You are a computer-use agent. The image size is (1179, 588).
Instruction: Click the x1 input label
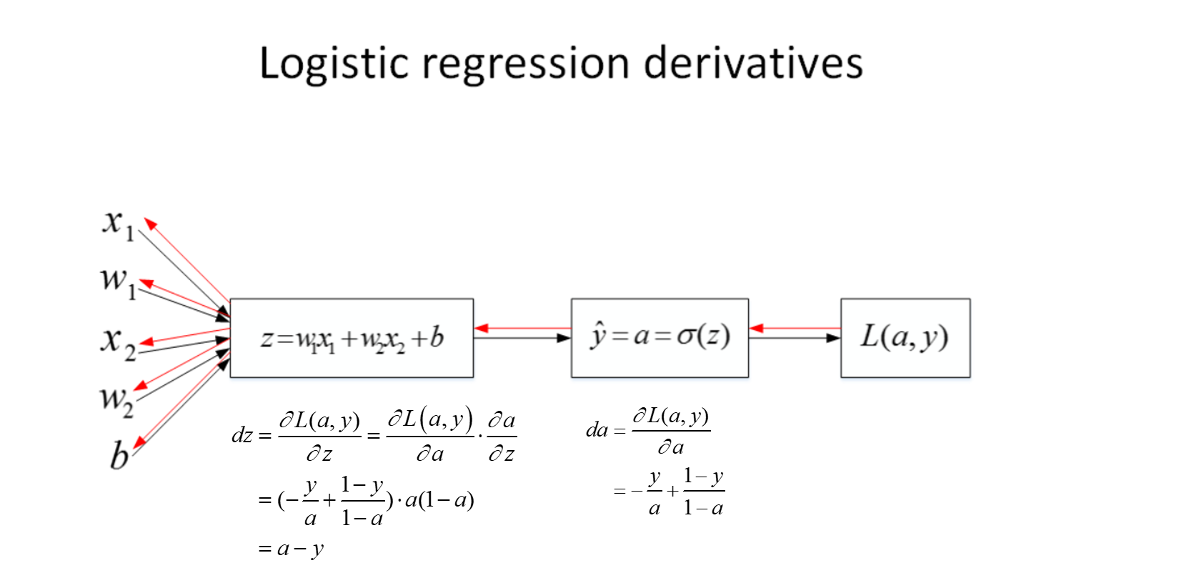[x=119, y=225]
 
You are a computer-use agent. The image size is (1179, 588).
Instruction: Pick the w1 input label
[x=119, y=283]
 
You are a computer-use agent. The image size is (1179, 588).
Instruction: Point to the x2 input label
[x=119, y=343]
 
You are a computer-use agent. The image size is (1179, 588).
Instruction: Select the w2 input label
[x=117, y=401]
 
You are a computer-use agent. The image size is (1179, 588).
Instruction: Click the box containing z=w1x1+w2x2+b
[x=352, y=338]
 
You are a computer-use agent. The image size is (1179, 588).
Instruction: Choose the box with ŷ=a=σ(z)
[x=660, y=338]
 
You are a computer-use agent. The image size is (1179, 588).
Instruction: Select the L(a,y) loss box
[x=905, y=338]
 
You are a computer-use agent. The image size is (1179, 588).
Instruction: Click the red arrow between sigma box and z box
[x=522, y=329]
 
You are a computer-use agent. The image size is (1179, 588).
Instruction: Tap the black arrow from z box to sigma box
[x=522, y=338]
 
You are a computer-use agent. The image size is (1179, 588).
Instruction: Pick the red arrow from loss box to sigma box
[x=795, y=329]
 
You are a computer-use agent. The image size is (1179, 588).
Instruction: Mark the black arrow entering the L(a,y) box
[x=795, y=338]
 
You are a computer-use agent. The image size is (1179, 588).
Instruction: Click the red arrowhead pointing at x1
[x=151, y=224]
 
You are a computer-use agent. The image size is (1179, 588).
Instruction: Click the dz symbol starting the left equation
[x=242, y=435]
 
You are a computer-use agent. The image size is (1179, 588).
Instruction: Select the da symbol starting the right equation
[x=597, y=430]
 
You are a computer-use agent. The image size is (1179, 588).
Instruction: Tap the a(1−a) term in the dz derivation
[x=439, y=499]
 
